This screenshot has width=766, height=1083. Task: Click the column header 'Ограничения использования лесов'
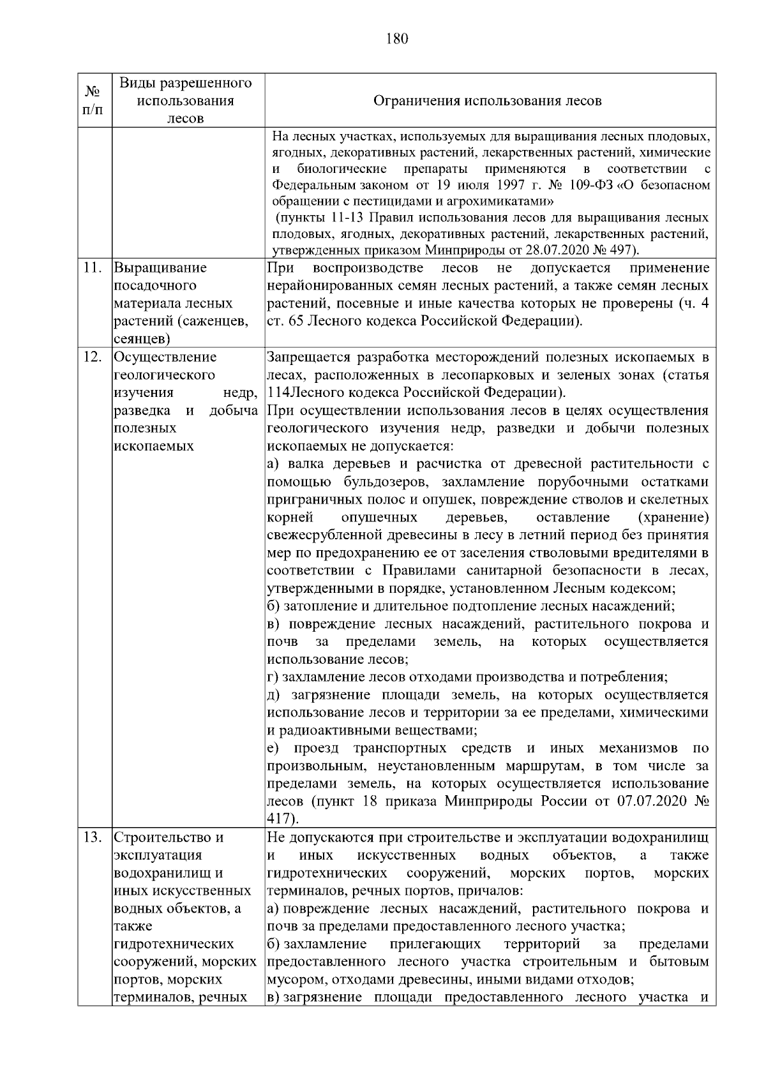(x=487, y=101)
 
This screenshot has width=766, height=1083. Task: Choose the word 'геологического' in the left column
(x=164, y=375)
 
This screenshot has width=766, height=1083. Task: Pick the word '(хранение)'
(x=673, y=517)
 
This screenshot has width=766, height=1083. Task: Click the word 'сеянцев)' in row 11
(x=142, y=339)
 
